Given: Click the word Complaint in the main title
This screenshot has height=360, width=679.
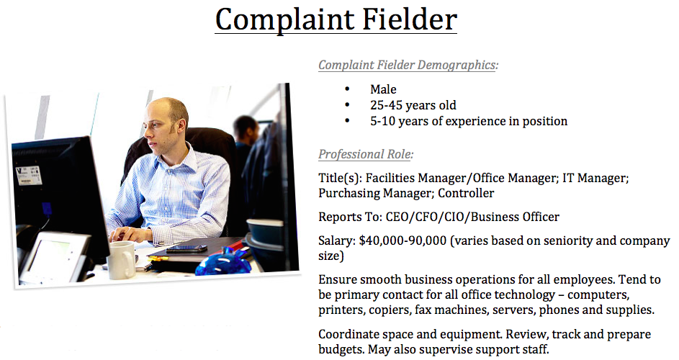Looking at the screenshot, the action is [284, 20].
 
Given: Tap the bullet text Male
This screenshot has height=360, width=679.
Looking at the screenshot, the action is [383, 89].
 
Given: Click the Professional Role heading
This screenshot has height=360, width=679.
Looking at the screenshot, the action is [366, 154].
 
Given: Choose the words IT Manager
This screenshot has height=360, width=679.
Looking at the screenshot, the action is [595, 178].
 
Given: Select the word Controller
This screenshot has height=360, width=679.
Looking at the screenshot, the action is [466, 193].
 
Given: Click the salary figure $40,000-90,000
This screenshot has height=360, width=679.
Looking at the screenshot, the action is [403, 241].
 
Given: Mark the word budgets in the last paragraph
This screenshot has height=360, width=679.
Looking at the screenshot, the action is [341, 350].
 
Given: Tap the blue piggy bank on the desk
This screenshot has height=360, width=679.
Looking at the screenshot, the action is [223, 262].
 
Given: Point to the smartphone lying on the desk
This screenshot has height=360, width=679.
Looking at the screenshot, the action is [186, 248].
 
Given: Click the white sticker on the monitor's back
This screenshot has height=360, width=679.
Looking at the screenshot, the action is [28, 176].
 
